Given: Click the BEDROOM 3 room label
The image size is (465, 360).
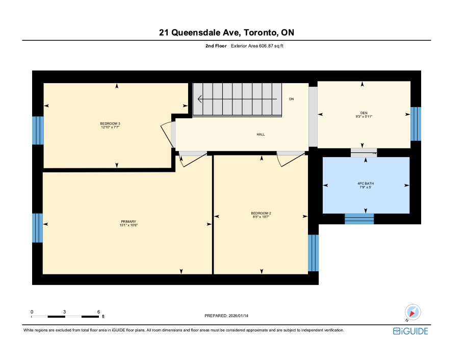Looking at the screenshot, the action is (110, 124).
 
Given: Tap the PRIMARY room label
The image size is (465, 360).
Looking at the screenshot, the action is (128, 221).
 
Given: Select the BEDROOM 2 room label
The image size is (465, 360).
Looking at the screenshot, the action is (261, 213).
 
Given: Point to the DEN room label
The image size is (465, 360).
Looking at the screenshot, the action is (364, 113).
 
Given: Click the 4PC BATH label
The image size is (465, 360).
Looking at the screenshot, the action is (366, 184).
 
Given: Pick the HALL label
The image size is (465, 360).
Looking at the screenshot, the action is (261, 134).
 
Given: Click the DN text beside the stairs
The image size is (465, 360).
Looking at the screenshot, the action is (292, 99).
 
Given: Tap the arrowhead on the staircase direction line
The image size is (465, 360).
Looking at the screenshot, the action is (200, 99).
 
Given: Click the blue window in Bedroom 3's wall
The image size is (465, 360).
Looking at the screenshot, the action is (38, 131).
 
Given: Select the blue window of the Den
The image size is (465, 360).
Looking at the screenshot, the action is (416, 124).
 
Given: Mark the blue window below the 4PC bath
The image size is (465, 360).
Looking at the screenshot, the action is (359, 219).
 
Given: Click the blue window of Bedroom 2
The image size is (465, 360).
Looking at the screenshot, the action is (313, 253).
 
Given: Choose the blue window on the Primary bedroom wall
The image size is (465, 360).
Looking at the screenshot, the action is (37, 228).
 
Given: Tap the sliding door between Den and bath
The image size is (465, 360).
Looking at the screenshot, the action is (364, 152).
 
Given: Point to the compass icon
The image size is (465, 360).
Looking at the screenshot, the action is (412, 312).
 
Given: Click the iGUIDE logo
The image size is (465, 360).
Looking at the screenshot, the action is (410, 331).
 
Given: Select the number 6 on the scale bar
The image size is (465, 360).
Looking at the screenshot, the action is (99, 312).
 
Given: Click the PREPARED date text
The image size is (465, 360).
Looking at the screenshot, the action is (226, 316).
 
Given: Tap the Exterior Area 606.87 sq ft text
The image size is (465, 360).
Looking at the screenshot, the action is (257, 46).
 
